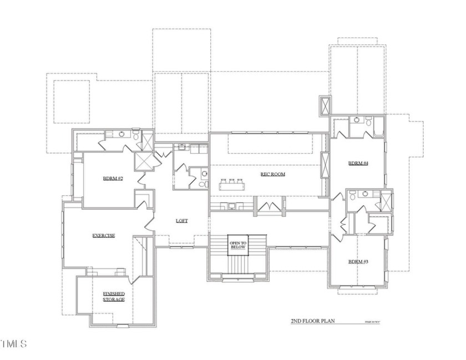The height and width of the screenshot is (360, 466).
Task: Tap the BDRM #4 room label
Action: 358,163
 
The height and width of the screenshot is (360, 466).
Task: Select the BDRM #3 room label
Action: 358,261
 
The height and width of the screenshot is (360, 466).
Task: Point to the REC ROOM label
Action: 272,174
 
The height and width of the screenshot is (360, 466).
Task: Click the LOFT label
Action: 181,221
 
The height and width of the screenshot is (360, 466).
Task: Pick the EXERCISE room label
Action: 104,236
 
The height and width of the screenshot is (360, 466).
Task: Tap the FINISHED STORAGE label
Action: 114,296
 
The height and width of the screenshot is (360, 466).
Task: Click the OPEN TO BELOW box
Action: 238,246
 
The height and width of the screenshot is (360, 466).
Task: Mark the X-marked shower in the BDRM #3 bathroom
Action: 385,200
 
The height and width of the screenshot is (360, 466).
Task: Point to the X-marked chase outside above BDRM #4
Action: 325,105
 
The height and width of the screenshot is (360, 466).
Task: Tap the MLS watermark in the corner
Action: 14,344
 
